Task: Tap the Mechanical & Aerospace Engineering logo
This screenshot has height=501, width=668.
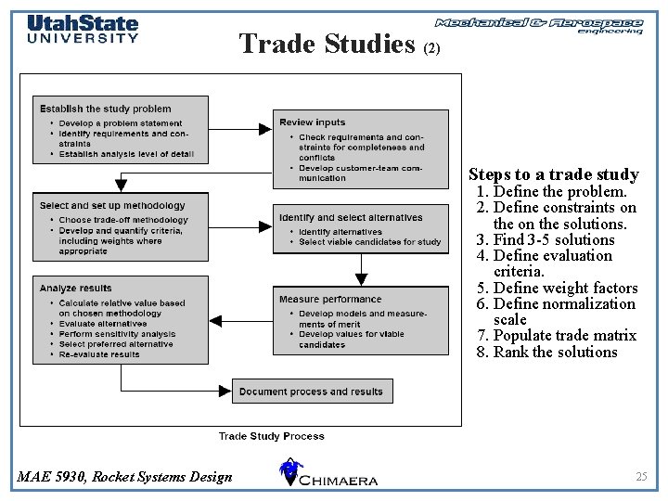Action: [x=539, y=25]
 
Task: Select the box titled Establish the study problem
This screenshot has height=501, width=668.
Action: [x=121, y=129]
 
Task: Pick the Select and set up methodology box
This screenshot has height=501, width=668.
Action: [x=121, y=225]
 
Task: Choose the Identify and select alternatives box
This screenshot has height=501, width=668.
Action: [x=361, y=229]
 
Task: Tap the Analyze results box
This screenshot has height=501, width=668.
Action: [x=121, y=319]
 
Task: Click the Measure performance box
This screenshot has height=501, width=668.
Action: [x=361, y=321]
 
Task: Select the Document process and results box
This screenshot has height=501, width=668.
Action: [x=312, y=392]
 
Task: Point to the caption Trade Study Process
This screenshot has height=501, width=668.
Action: [x=272, y=436]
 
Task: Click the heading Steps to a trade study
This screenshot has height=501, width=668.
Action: [x=553, y=174]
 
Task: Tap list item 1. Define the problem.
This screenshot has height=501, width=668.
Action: [x=551, y=191]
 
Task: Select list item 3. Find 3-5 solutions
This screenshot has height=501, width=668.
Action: [x=546, y=239]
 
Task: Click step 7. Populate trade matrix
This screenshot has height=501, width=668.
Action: [x=556, y=335]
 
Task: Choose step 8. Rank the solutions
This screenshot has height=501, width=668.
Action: [x=546, y=352]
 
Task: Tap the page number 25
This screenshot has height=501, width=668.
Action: [x=641, y=476]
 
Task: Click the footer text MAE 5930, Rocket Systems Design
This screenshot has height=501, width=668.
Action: [x=125, y=477]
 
